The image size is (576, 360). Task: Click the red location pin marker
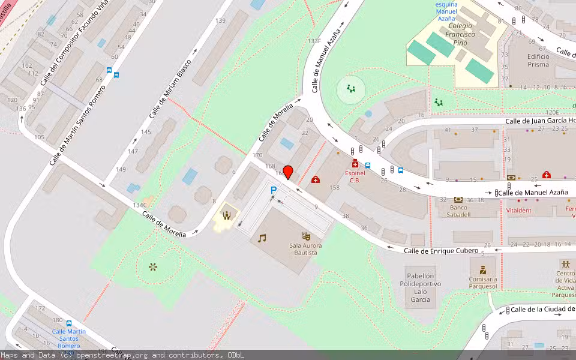pyautogui.click(x=288, y=172)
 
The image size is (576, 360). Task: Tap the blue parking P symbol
pyautogui.click(x=274, y=191)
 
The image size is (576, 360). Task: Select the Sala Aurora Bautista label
pyautogui.click(x=305, y=250)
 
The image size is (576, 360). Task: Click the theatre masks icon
pyautogui.click(x=306, y=236)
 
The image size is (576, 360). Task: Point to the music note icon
pyautogui.click(x=262, y=238)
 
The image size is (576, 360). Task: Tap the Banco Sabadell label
pyautogui.click(x=458, y=211)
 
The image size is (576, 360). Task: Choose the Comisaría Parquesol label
pyautogui.click(x=482, y=283)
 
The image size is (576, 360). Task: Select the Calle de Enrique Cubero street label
pyautogui.click(x=441, y=250)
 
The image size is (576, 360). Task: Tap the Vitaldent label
pyautogui.click(x=518, y=211)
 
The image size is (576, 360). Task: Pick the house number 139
pyautogui.click(x=220, y=21)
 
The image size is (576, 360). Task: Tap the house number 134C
pyautogui.click(x=140, y=205)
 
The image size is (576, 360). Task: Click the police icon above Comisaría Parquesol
pyautogui.click(x=482, y=270)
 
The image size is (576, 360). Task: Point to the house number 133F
pyautogui.click(x=314, y=41)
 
